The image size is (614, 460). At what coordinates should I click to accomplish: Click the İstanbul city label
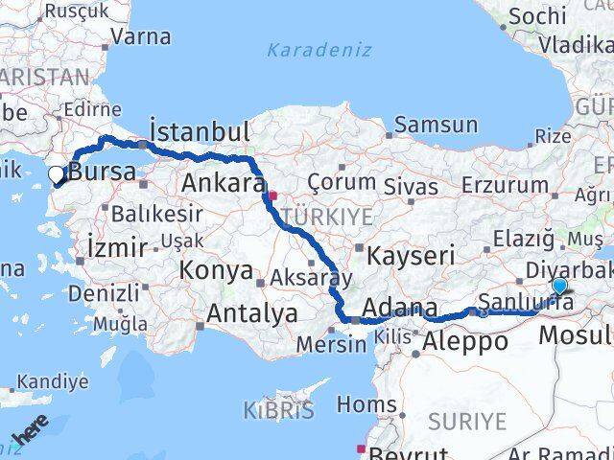[x=200, y=131]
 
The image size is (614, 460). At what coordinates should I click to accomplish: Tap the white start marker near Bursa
[x=57, y=175]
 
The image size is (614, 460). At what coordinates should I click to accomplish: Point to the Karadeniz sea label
[x=310, y=49]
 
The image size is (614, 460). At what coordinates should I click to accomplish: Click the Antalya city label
[x=252, y=313]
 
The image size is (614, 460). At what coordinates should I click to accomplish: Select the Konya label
[x=216, y=270]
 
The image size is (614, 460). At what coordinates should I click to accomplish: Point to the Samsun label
[x=436, y=125]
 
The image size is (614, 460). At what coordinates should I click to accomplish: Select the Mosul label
[x=575, y=335]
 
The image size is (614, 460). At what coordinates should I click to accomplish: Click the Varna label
[x=141, y=37]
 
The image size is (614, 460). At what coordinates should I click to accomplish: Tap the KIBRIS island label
[x=278, y=412]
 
